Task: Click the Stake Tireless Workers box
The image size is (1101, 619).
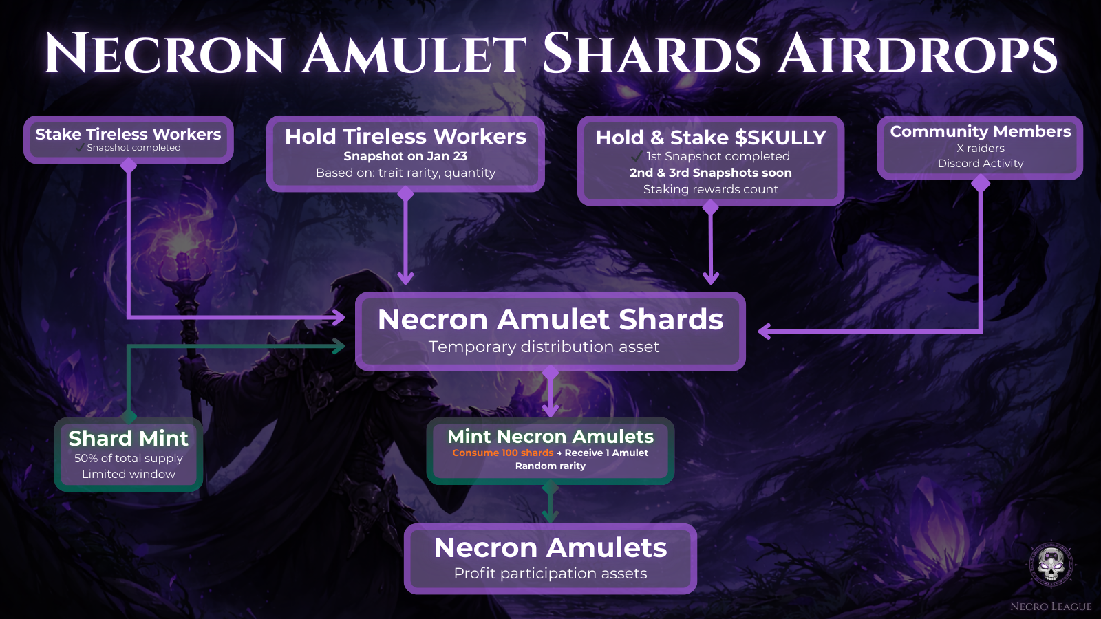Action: pos(128,140)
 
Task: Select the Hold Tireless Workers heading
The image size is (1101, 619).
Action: pos(405,136)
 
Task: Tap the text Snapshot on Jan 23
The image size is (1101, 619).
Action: pos(405,156)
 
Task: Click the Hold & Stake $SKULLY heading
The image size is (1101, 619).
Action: pos(711,138)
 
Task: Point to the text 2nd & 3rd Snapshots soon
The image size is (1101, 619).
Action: pos(711,173)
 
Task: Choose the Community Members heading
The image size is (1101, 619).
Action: pos(980,131)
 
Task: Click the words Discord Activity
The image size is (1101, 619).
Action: pos(981,164)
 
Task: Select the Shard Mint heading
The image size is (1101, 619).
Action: pos(128,438)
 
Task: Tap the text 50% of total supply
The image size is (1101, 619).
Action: pos(128,458)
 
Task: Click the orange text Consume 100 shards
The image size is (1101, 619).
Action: pos(503,453)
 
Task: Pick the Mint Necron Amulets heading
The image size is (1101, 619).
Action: pos(550,436)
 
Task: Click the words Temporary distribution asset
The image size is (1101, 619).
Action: pos(544,347)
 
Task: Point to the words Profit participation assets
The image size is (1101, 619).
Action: pos(550,574)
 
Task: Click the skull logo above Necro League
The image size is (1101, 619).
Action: pos(1050,565)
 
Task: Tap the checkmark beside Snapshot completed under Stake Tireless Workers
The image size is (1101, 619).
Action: pos(80,148)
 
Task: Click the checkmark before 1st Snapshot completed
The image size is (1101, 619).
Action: pos(637,156)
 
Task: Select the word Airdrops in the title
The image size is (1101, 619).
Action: pos(916,53)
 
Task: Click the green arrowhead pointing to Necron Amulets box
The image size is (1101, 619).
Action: pos(550,515)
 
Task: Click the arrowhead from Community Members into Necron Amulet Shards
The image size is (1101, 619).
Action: pos(764,331)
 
